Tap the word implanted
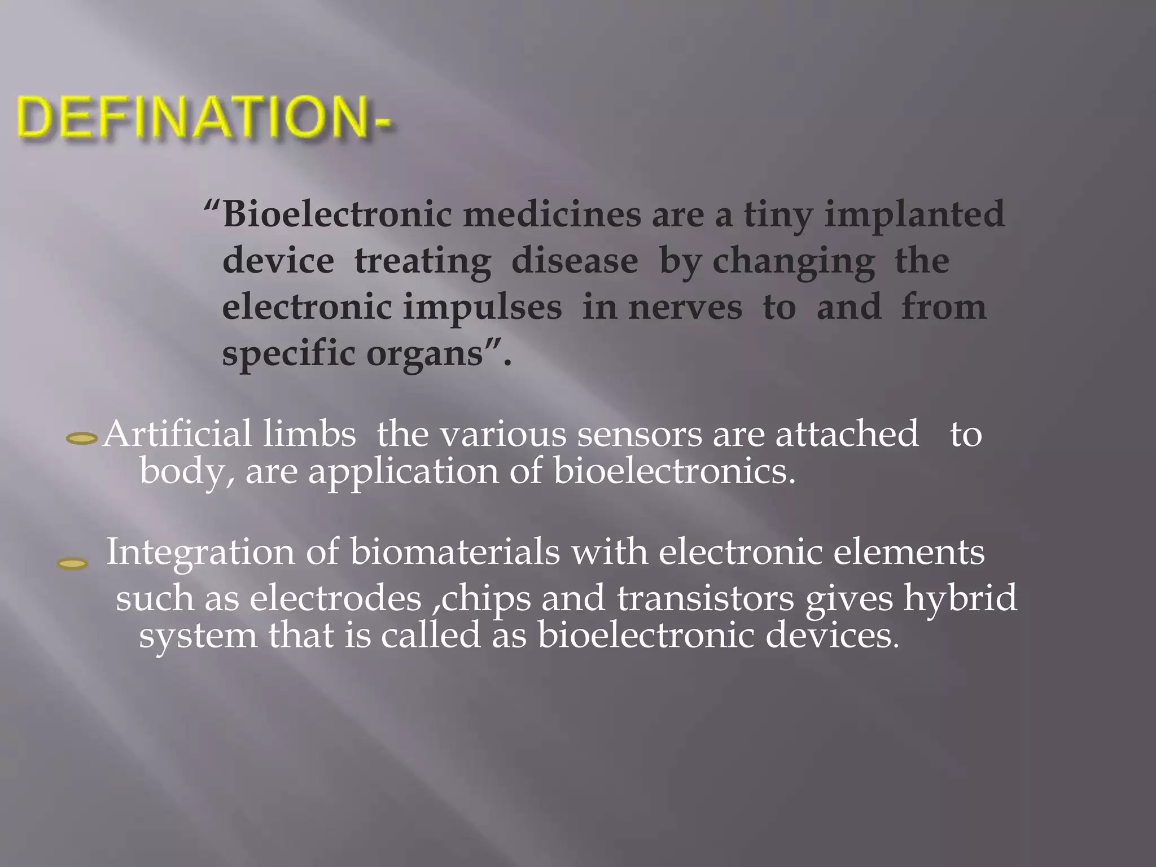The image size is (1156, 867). click(x=914, y=215)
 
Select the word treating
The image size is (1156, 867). click(x=422, y=261)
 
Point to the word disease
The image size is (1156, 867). click(x=575, y=261)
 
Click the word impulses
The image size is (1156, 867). click(x=482, y=308)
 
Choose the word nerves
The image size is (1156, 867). click(x=685, y=308)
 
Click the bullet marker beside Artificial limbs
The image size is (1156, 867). click(x=82, y=438)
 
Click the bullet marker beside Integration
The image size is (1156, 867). click(x=73, y=563)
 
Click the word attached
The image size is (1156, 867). click(x=847, y=435)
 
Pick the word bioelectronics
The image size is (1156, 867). click(x=674, y=471)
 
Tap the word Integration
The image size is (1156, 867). click(x=200, y=551)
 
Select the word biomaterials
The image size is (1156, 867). click(x=455, y=551)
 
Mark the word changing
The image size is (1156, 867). click(x=794, y=261)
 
